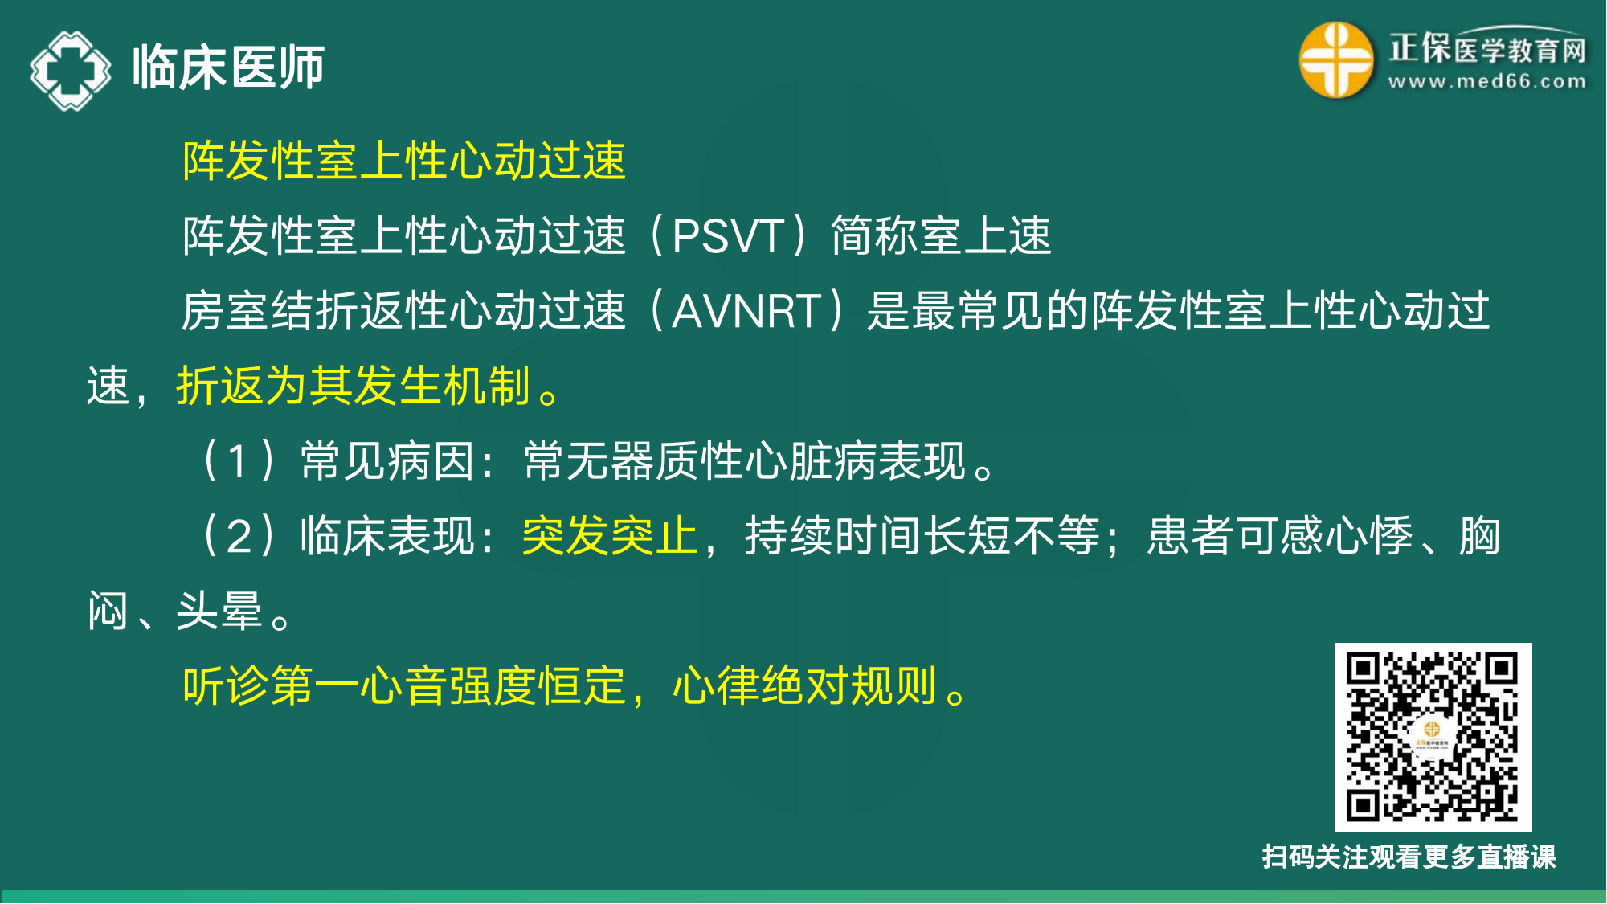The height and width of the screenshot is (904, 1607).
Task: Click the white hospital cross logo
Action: point(71,70)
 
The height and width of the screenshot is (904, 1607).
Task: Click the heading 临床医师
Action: point(228,67)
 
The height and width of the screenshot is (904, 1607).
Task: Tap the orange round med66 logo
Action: point(1336,60)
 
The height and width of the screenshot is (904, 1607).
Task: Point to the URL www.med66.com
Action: point(1487,82)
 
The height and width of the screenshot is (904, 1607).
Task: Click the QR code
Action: point(1433,737)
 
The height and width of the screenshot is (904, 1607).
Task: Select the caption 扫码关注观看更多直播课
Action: point(1409,857)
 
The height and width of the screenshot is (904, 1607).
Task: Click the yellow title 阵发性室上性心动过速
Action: point(403,160)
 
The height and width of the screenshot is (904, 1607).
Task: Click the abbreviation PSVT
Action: point(727,236)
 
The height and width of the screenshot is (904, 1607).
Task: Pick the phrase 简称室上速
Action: point(941,236)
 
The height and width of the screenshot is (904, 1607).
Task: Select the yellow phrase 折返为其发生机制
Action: point(353,386)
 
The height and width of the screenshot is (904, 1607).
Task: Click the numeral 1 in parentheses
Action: point(237,461)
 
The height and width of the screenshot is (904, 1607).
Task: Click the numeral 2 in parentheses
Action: point(239,536)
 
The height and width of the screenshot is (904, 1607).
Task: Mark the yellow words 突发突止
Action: point(610,536)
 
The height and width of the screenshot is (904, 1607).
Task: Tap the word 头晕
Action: point(219,611)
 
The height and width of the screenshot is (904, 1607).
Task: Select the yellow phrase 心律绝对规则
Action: point(804,686)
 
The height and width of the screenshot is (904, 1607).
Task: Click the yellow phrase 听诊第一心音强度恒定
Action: point(403,686)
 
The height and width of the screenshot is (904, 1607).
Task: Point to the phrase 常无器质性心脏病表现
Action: point(745,461)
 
